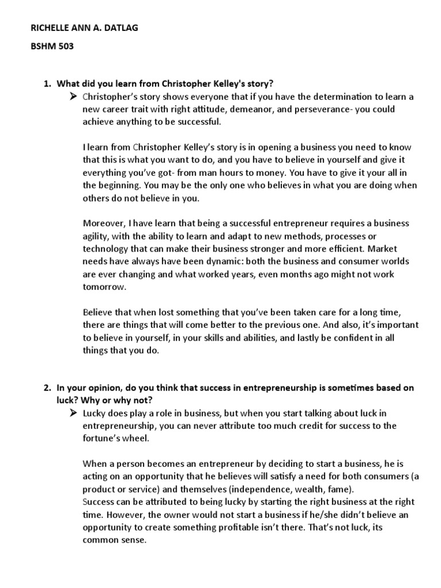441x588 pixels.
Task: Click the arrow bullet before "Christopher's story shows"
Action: pos(73,96)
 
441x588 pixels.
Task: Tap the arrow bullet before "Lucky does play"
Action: pos(73,413)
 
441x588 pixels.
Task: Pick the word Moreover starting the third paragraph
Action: pos(103,223)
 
